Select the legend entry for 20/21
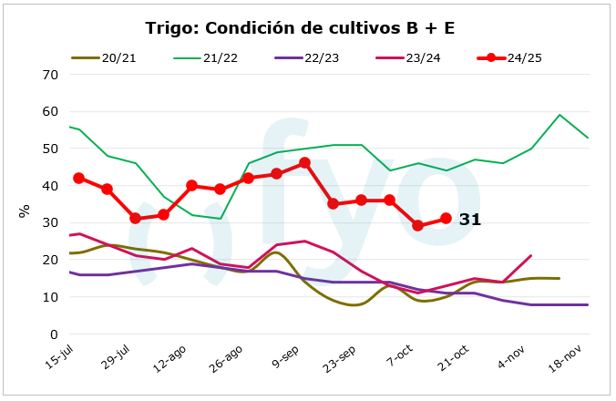tap(118, 57)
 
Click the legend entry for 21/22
tap(220, 57)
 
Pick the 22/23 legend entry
tap(321, 57)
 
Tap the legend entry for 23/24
tap(422, 57)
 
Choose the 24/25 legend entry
tap(523, 57)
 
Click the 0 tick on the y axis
tap(54, 334)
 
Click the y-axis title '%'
tap(25, 211)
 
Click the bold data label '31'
tap(469, 220)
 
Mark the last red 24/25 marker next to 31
tap(446, 219)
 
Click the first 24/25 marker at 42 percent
tap(79, 178)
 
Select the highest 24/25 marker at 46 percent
tap(305, 163)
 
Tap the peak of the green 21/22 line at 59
tap(560, 115)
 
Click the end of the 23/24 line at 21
tap(531, 256)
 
